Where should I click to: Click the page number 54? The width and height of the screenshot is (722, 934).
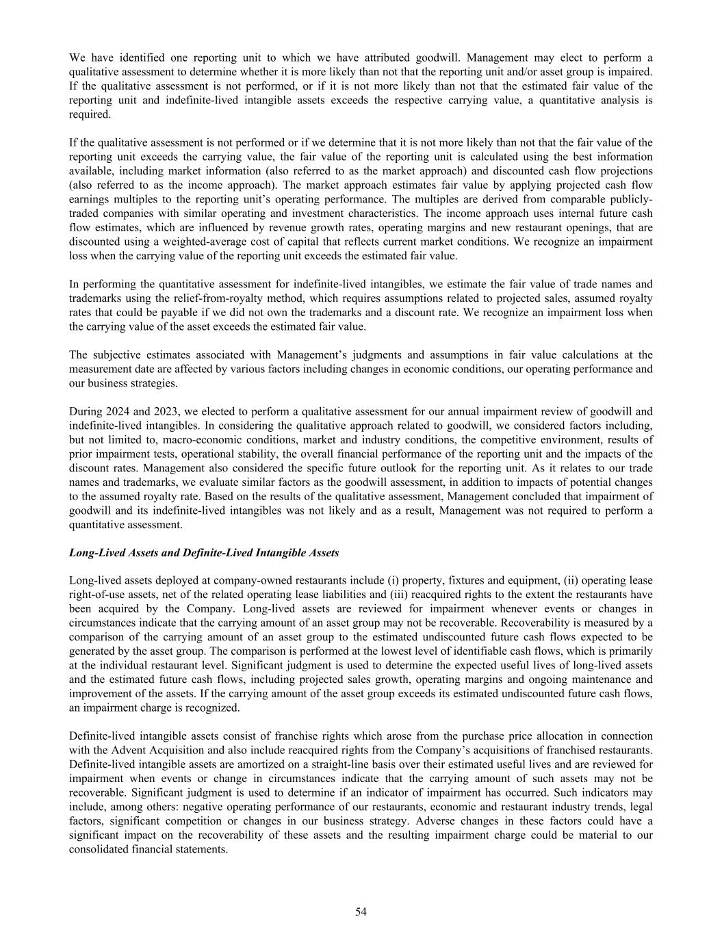click(x=361, y=911)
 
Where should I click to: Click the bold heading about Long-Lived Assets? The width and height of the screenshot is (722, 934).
click(x=204, y=552)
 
